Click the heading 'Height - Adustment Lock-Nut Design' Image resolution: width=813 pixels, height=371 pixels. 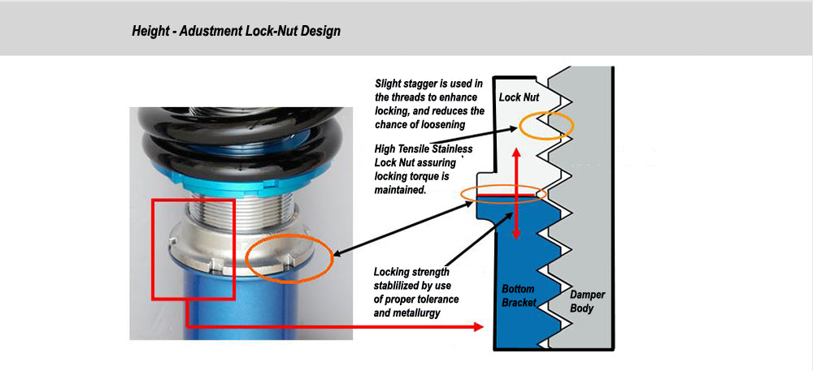pyautogui.click(x=236, y=32)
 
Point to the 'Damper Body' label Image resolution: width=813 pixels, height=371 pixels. pyautogui.click(x=587, y=301)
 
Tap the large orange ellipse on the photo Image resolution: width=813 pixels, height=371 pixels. pyautogui.click(x=289, y=260)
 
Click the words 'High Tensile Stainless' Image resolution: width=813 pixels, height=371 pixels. pyautogui.click(x=423, y=149)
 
